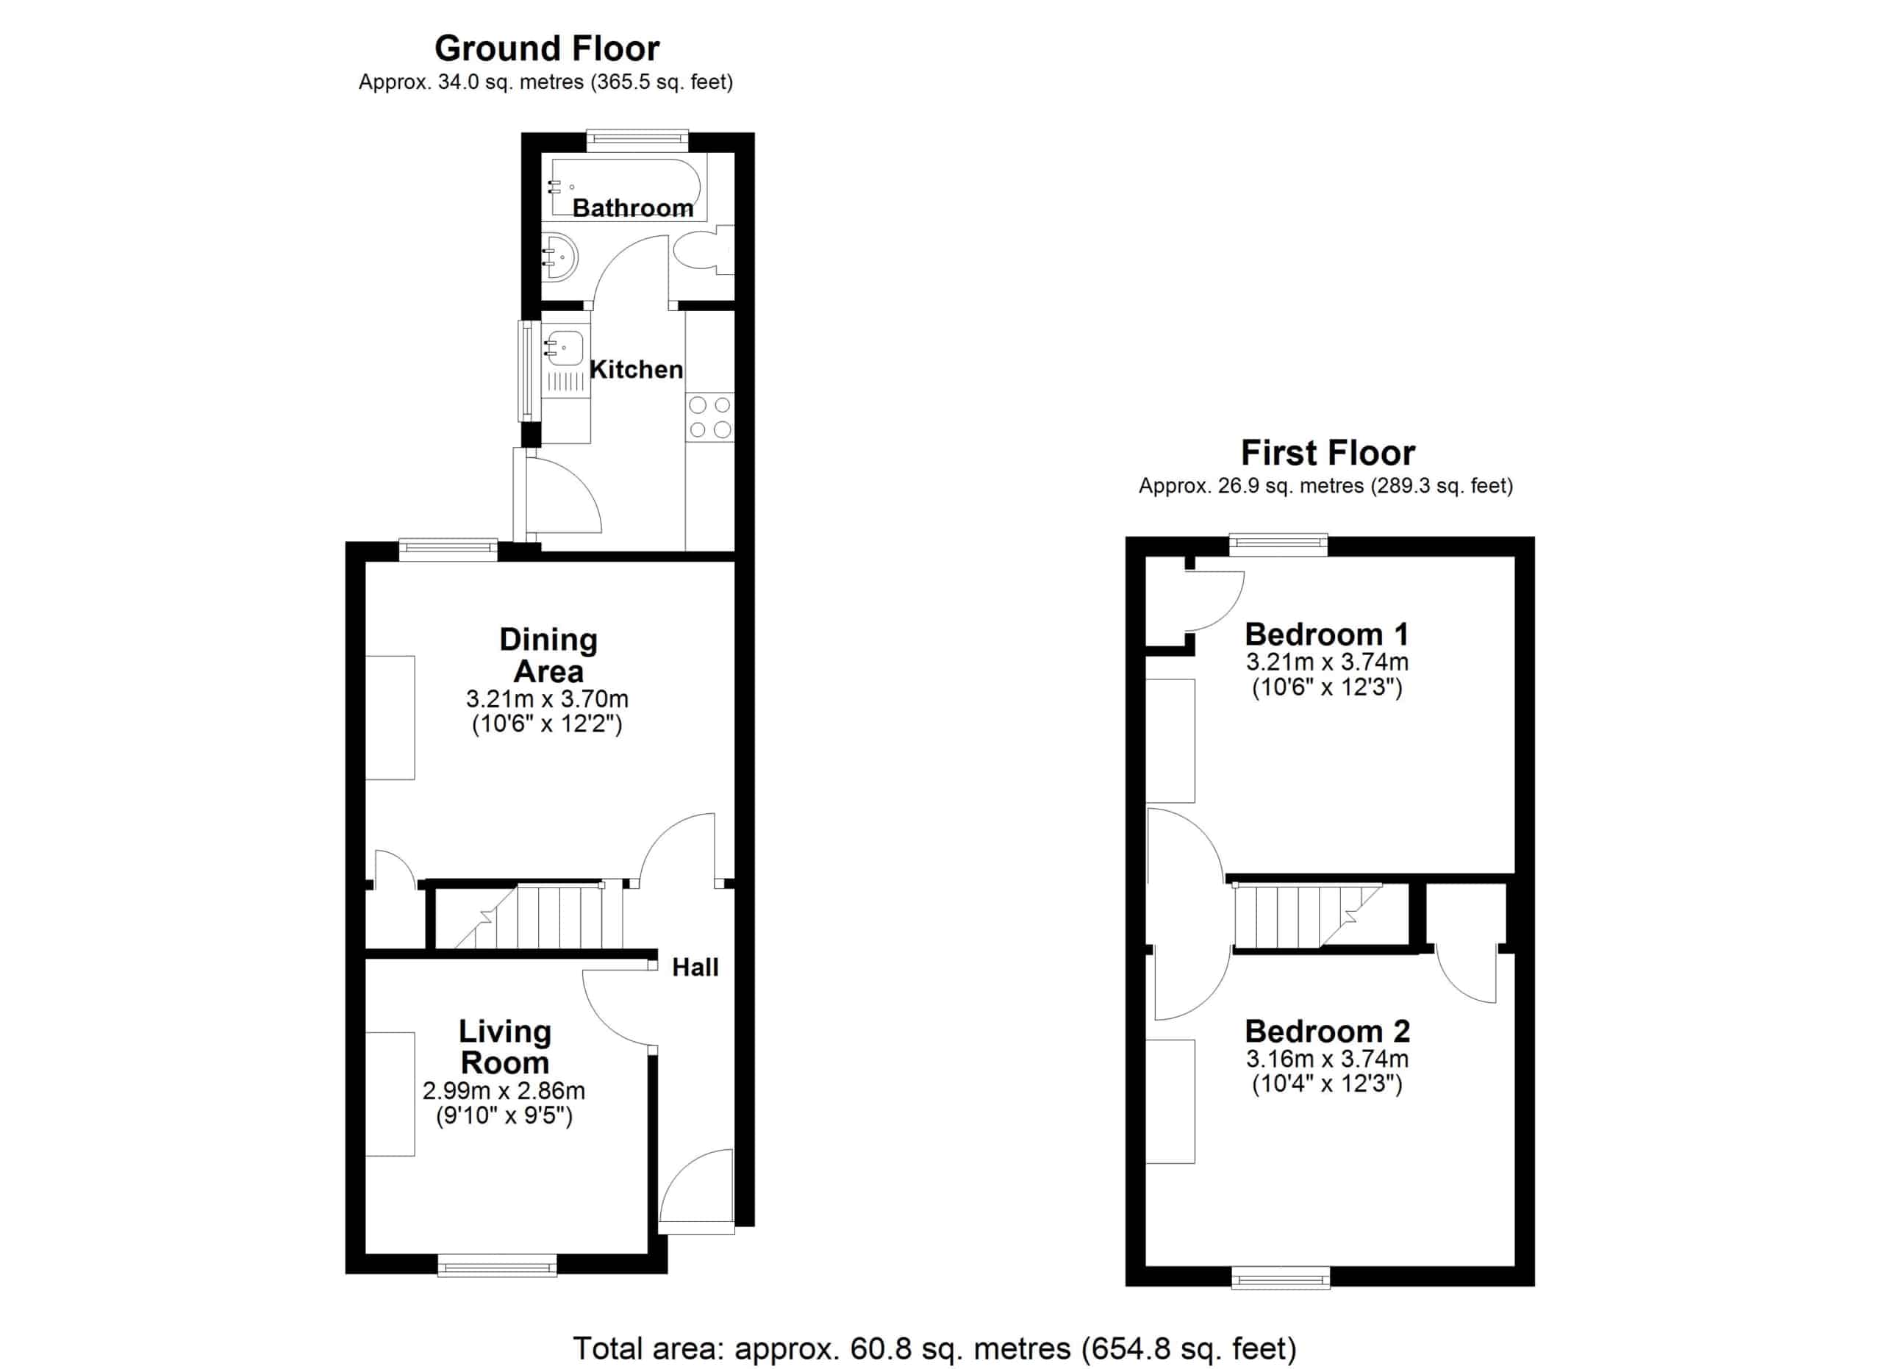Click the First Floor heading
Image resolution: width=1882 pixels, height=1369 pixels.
click(x=1328, y=453)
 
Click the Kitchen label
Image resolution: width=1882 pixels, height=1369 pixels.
click(x=637, y=370)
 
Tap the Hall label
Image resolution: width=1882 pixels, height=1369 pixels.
click(x=695, y=968)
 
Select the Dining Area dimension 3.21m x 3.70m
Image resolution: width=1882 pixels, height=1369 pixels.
click(x=547, y=698)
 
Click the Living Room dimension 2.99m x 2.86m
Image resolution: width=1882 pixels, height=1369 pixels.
click(x=504, y=1090)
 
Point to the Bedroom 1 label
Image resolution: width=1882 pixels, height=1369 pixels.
click(x=1327, y=635)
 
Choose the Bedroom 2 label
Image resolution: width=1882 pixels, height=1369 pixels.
click(x=1328, y=1032)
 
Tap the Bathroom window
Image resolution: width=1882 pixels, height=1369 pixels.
click(x=637, y=140)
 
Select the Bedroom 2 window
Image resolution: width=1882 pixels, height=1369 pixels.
click(x=1281, y=1278)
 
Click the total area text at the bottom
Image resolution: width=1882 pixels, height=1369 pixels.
click(x=934, y=1349)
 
